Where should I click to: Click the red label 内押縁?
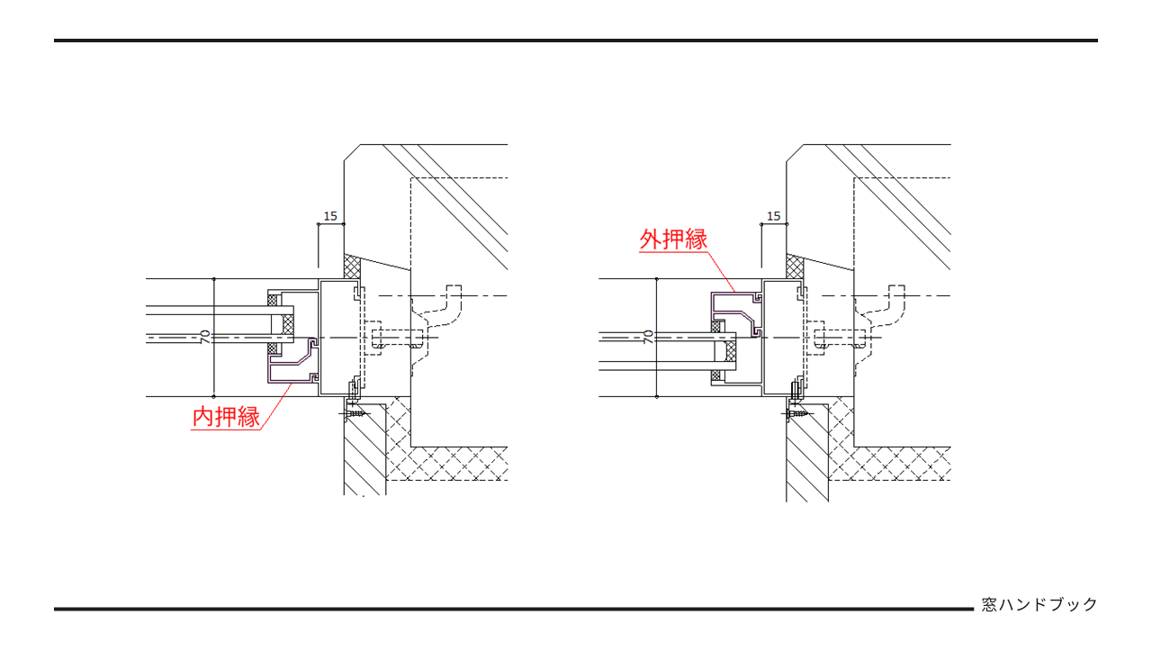coord(226,418)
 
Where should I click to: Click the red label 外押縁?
coord(673,240)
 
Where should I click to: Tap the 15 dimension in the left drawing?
coord(330,216)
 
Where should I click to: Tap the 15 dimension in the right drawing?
coord(773,216)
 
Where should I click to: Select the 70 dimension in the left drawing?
coord(205,337)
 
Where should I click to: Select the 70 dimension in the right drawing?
coord(648,337)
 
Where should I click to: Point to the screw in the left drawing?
coord(356,413)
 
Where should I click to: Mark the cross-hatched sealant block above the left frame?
coord(352,267)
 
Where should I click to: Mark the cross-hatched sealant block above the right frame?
coord(795,267)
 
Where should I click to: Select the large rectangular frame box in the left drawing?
coord(341,338)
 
